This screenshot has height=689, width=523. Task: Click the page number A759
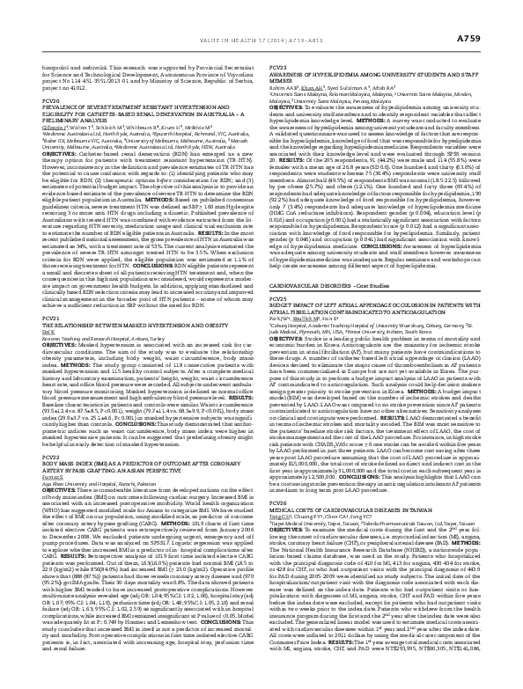click(x=490, y=15)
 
